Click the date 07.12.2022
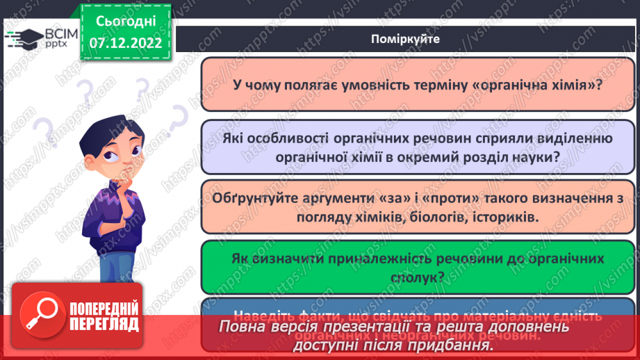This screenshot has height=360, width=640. [x=125, y=42]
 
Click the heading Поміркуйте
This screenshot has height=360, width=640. [x=406, y=39]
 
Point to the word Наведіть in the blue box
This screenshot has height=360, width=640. [x=263, y=312]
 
